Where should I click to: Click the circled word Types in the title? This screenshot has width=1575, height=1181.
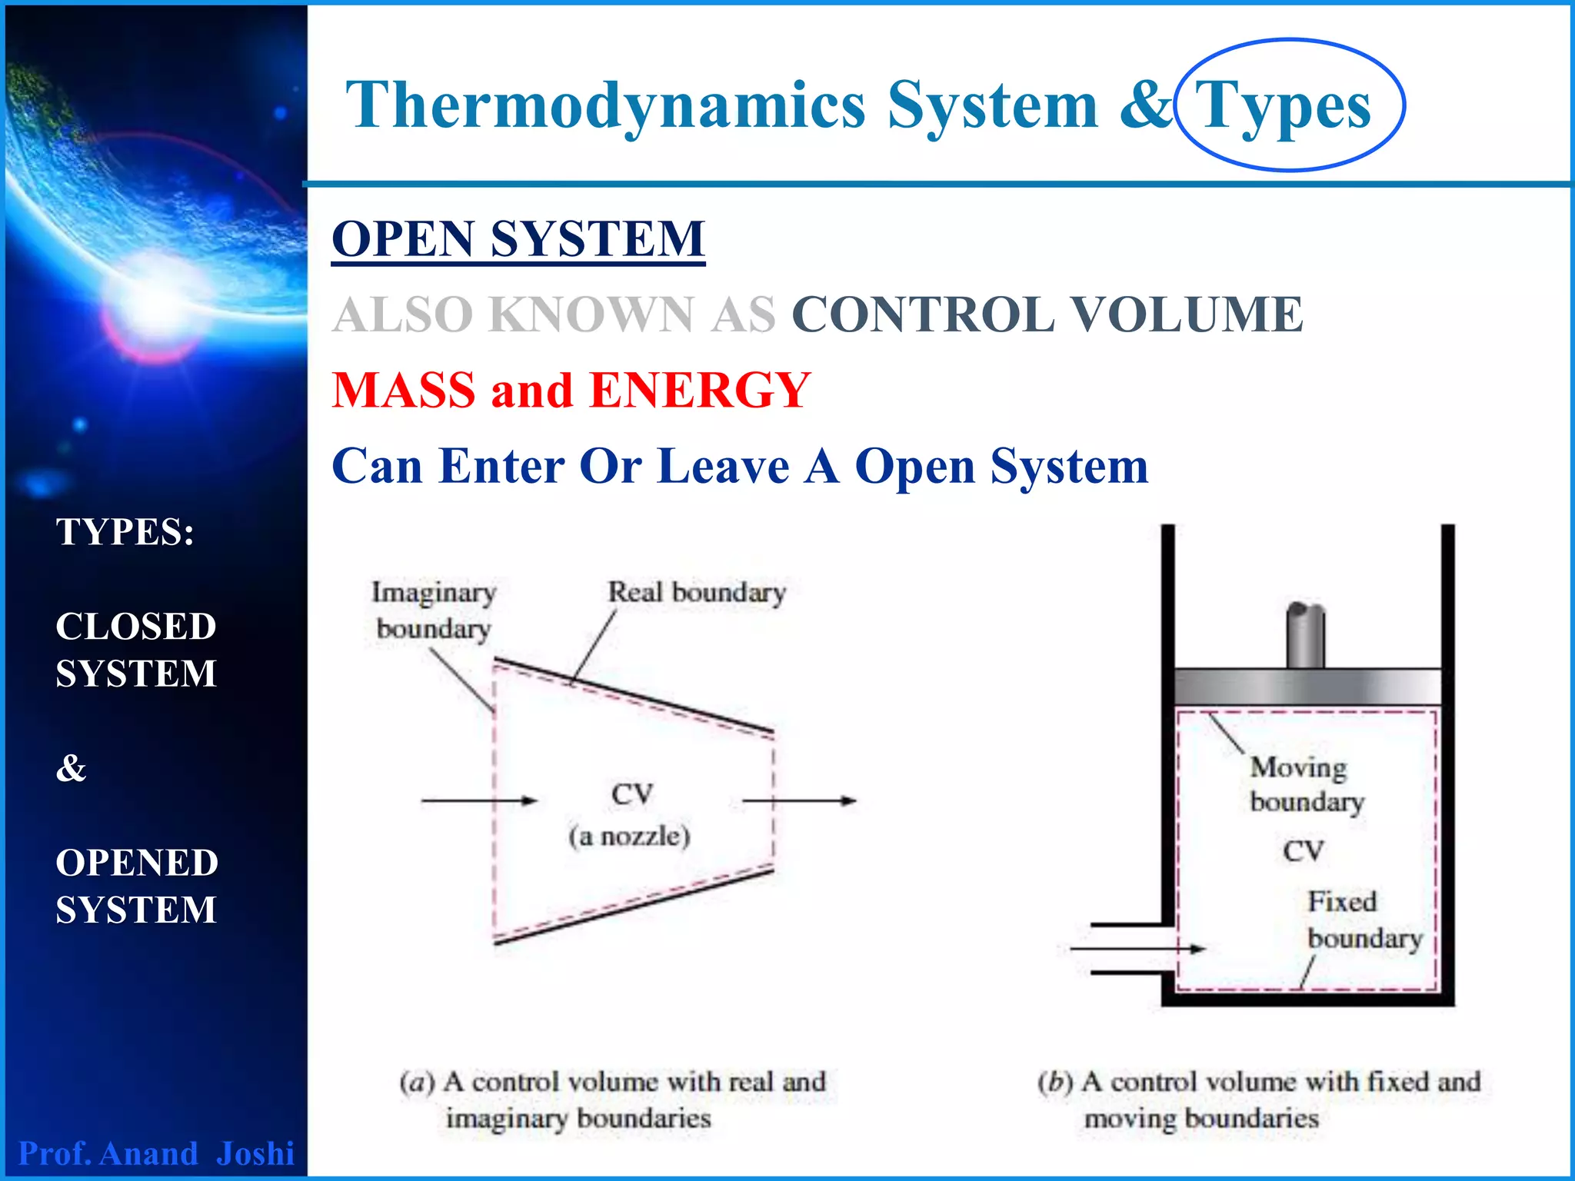pyautogui.click(x=1283, y=106)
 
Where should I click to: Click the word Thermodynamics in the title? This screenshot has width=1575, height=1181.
pyautogui.click(x=605, y=106)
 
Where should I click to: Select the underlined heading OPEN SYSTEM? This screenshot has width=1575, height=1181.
pyautogui.click(x=518, y=238)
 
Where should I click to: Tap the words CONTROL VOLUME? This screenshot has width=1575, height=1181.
pyautogui.click(x=1047, y=314)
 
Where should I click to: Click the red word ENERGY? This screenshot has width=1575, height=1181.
pyautogui.click(x=700, y=390)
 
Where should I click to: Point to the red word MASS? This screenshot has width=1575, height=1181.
pyautogui.click(x=404, y=390)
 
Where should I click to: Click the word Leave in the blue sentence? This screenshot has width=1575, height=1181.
pyautogui.click(x=724, y=466)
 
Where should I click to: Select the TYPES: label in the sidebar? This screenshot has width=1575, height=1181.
pyautogui.click(x=125, y=532)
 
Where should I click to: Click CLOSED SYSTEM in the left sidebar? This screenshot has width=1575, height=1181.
pyautogui.click(x=136, y=650)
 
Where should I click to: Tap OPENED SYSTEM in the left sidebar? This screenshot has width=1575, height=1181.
pyautogui.click(x=137, y=886)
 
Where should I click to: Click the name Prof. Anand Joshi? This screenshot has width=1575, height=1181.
pyautogui.click(x=156, y=1153)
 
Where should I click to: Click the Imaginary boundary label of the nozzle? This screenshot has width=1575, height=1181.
pyautogui.click(x=434, y=610)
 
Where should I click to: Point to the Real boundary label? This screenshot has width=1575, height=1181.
pyautogui.click(x=697, y=593)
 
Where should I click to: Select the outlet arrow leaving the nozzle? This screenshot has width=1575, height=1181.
pyautogui.click(x=800, y=800)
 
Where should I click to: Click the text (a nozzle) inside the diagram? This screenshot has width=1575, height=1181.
pyautogui.click(x=629, y=837)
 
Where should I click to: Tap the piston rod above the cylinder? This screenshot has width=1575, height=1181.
pyautogui.click(x=1305, y=636)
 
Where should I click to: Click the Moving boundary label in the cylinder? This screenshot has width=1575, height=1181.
pyautogui.click(x=1305, y=784)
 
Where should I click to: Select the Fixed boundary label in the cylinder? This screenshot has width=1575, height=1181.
pyautogui.click(x=1364, y=920)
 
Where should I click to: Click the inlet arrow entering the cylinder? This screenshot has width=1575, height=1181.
pyautogui.click(x=1138, y=949)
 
